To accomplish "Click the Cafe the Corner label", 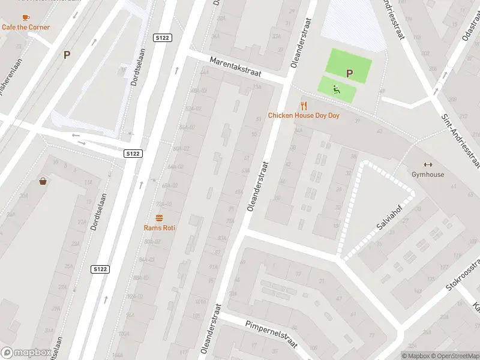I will tap(26, 27).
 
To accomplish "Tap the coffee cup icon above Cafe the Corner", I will tap(25, 17).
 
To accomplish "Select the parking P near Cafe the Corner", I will tap(67, 55).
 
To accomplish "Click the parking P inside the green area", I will tap(349, 73).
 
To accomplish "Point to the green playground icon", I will tap(337, 90).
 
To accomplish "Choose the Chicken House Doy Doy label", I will tap(304, 115).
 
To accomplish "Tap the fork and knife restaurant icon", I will tap(304, 106).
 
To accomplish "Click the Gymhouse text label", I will tap(428, 175).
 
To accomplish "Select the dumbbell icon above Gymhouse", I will tap(428, 165).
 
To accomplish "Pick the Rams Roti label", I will tap(159, 227).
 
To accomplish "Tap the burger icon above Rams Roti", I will tap(159, 218).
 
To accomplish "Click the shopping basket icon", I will tap(43, 181).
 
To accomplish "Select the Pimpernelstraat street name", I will tap(271, 333).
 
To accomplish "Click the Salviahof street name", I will tap(389, 220).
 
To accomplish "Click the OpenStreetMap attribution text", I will tap(454, 356).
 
